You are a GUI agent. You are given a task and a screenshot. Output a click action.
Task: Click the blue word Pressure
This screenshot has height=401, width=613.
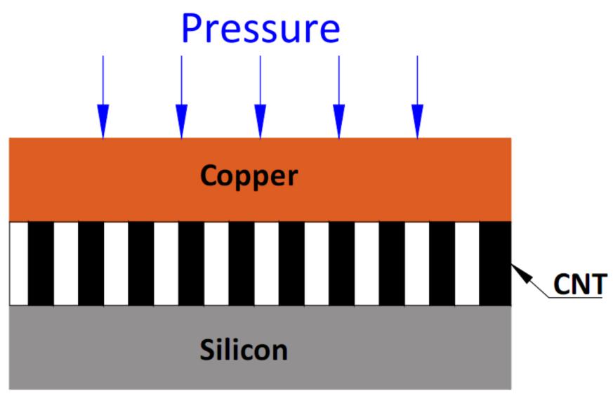coord(260,27)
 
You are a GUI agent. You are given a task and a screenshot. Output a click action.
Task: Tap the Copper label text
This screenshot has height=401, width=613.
coord(249,176)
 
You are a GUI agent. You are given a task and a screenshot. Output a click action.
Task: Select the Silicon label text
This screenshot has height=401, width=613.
coord(244,349)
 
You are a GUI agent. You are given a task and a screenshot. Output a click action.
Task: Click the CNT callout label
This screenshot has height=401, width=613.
coord(577,285)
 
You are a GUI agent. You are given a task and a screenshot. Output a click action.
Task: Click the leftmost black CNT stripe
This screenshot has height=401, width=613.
coord(41,263)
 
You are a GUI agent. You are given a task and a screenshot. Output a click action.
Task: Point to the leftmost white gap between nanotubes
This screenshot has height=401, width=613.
coord(18,263)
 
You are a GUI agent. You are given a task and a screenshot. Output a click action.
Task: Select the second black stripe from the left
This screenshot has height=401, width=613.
coord(91,263)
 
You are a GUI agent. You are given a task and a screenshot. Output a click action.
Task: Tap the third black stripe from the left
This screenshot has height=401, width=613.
coord(140,263)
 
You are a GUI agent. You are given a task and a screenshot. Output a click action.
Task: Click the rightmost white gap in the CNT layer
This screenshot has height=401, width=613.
coord(466,263)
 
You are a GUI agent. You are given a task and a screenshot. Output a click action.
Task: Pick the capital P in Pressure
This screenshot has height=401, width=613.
coord(194,27)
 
